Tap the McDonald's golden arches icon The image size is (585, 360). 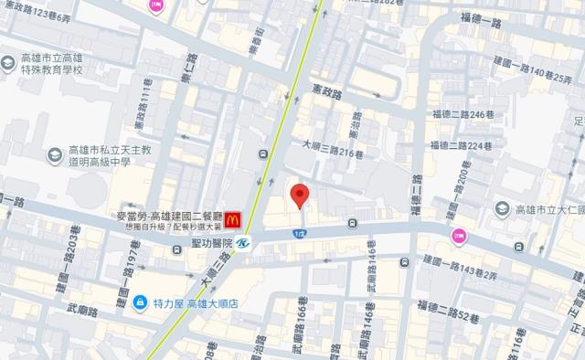(x=233, y=218)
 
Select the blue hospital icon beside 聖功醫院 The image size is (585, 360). (x=242, y=243)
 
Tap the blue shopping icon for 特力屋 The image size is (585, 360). (x=140, y=302)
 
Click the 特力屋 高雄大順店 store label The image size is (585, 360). (x=193, y=302)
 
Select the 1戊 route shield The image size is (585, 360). (x=299, y=235)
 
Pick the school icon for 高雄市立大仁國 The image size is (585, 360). (x=501, y=209)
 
